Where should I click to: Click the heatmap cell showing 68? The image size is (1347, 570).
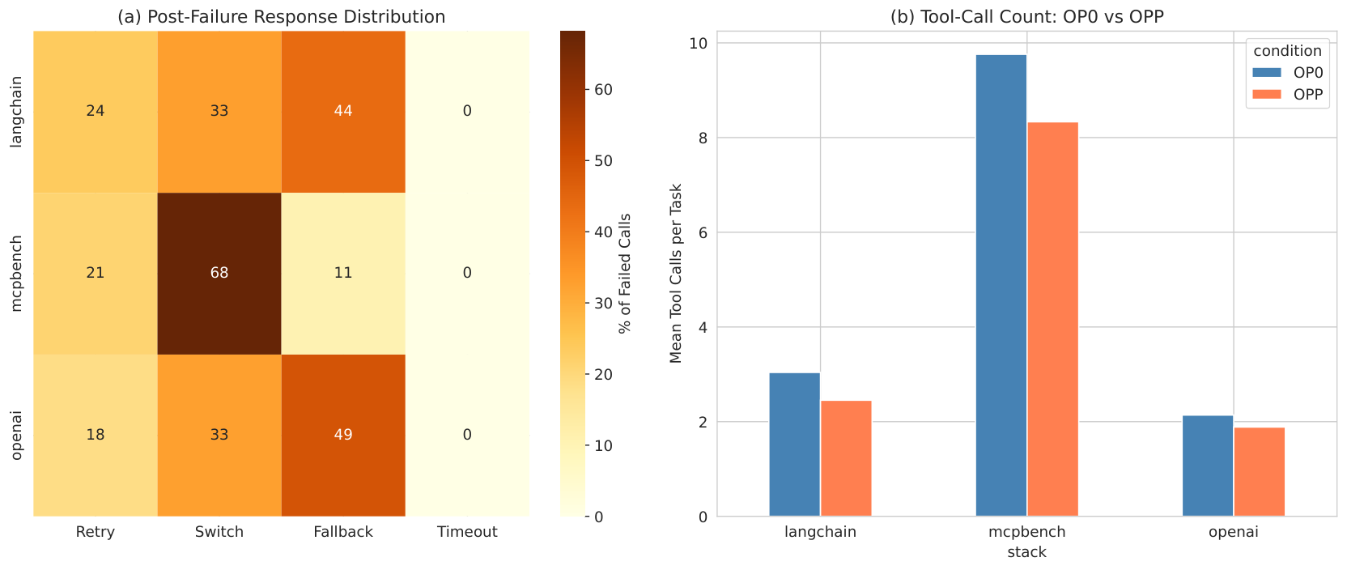coord(219,274)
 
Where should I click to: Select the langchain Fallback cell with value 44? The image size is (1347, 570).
coord(343,112)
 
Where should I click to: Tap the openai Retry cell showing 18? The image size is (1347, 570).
coord(96,436)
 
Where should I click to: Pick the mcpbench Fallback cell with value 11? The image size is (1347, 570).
coord(343,274)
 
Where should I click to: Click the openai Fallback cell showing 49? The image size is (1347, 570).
coord(343,436)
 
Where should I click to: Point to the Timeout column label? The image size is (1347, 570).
coord(467,532)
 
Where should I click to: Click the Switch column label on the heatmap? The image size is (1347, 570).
coord(219,532)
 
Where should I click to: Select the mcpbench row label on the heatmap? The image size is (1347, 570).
coord(16,274)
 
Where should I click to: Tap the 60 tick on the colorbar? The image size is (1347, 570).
coord(603,90)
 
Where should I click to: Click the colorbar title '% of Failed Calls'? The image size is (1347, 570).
coord(625,274)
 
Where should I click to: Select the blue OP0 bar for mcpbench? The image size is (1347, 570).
coord(1001,286)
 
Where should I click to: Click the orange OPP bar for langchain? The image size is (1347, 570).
coord(846,459)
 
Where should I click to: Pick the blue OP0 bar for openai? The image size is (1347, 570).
coord(1208,466)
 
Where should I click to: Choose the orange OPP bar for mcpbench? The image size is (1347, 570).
coord(1053,319)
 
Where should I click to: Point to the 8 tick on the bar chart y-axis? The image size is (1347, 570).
coord(703,138)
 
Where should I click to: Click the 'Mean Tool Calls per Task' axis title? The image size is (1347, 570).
coord(676,274)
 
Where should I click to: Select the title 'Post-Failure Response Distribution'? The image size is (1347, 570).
coord(296,17)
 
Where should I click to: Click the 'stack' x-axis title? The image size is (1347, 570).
coord(1027,552)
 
